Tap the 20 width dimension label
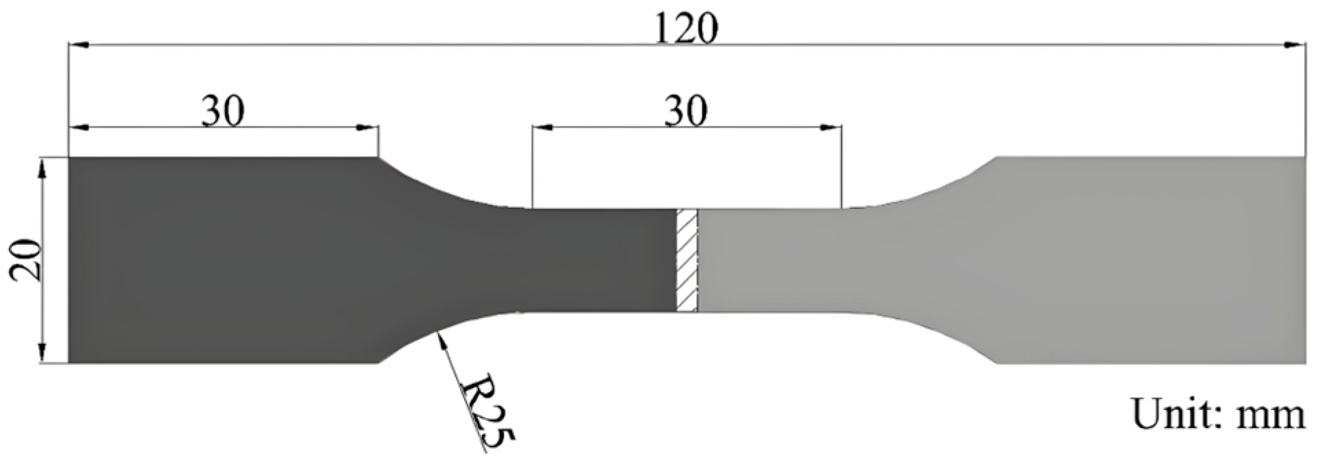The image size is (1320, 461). [26, 261]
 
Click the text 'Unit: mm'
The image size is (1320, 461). [1218, 415]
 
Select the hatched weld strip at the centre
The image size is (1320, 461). [687, 260]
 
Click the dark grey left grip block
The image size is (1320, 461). [220, 260]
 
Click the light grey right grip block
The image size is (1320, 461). [1155, 260]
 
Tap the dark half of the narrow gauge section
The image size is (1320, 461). [591, 260]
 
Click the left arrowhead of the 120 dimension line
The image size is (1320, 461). [77, 45]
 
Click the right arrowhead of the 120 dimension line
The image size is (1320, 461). [1297, 45]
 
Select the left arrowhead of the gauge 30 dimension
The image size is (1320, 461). [540, 127]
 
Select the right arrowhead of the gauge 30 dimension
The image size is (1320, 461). [833, 127]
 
